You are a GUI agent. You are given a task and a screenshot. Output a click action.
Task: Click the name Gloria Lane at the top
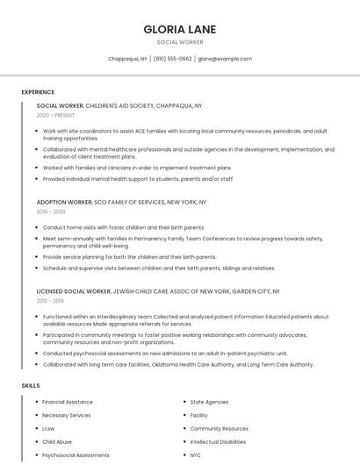point(179,29)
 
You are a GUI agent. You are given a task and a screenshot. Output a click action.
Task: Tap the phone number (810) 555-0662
point(172,59)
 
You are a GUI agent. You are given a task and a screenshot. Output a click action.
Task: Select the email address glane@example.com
point(225,59)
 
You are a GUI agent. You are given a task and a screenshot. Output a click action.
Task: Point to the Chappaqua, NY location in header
point(127,59)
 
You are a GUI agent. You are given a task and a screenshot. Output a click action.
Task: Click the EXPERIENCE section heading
point(38,92)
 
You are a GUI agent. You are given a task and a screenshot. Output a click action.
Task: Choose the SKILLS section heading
point(31,385)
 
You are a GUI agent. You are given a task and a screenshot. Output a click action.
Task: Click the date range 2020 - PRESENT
point(55,115)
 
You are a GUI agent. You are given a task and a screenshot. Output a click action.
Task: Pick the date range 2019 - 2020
point(51,211)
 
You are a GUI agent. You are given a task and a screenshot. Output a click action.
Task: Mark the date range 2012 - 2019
point(50,300)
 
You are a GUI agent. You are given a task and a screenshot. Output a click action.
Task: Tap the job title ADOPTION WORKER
point(64,202)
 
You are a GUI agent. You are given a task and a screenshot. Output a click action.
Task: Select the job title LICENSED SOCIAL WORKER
point(74,290)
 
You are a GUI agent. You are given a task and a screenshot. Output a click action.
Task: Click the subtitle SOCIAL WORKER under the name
point(179,42)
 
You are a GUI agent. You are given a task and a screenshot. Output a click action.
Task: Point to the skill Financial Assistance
point(67,402)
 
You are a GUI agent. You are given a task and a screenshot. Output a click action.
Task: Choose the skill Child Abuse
point(57,442)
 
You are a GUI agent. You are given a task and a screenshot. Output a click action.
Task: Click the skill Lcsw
point(48,429)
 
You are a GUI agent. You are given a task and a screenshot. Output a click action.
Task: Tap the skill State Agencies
point(209,402)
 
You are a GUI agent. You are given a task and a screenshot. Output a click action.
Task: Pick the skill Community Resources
point(219,429)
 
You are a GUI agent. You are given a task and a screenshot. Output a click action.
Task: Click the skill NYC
point(196,455)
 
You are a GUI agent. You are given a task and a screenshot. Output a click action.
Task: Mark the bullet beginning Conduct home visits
point(123,227)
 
